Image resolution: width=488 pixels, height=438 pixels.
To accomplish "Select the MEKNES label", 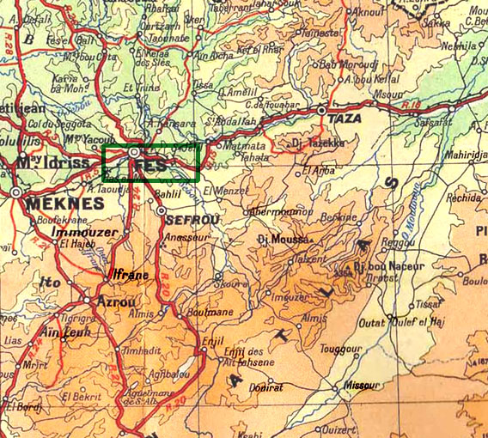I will click(x=64, y=204).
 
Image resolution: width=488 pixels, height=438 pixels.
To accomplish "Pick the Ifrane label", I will click(x=131, y=275).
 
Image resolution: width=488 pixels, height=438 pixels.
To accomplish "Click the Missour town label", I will click(x=361, y=386).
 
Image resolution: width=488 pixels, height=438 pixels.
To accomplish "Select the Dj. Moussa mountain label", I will click(x=282, y=240).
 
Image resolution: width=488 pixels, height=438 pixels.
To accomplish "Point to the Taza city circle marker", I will click(x=322, y=110).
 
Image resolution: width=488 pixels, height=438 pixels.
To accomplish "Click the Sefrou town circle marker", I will click(x=161, y=210).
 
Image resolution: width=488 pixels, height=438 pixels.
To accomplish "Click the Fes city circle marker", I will click(x=135, y=152).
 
